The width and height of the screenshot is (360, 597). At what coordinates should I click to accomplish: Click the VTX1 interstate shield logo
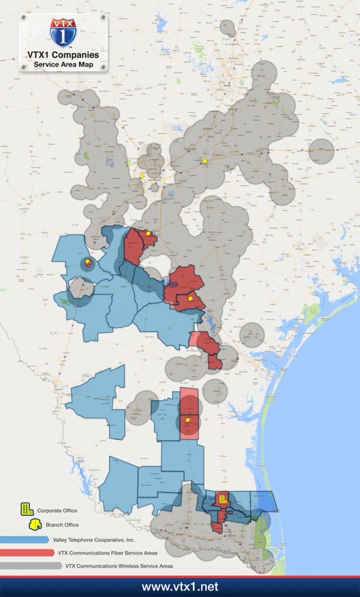click(x=63, y=33)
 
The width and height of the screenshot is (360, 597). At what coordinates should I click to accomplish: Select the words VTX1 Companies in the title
click(x=63, y=55)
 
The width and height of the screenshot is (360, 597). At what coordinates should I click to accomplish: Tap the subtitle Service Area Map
click(x=63, y=64)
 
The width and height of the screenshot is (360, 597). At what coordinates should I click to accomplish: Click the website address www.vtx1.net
click(x=180, y=587)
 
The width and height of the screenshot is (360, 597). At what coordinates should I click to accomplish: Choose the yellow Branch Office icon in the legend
click(x=35, y=524)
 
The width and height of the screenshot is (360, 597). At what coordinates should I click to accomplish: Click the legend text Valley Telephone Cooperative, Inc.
click(x=94, y=540)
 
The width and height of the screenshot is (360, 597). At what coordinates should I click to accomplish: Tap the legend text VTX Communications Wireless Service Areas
click(x=119, y=566)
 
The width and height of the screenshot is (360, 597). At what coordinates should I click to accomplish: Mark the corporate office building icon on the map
click(x=223, y=498)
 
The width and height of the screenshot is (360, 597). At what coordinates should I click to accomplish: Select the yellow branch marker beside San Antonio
click(x=142, y=176)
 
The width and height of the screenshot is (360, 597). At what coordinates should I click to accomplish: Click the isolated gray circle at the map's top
click(x=228, y=29)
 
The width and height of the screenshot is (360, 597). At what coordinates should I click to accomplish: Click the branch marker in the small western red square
click(x=87, y=263)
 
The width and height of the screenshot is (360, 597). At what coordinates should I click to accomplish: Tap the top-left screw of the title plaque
click(x=23, y=18)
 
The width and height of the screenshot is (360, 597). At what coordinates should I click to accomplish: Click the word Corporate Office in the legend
click(x=57, y=510)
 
